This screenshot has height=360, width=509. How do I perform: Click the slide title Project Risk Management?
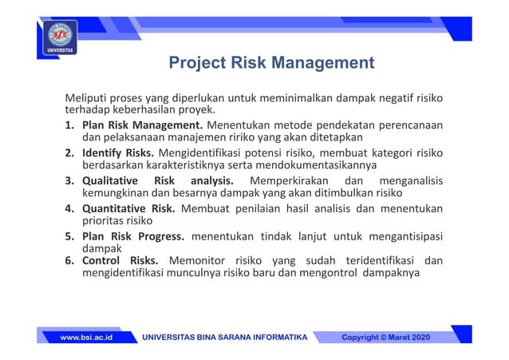[x=271, y=62]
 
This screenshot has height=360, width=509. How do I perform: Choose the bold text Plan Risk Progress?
[x=133, y=236]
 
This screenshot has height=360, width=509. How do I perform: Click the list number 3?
[x=69, y=180]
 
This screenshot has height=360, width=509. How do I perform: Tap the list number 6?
[x=69, y=260]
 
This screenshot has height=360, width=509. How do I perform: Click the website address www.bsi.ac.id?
[x=86, y=338]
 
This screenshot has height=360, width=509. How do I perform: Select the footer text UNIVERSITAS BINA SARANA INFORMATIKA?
[x=224, y=338]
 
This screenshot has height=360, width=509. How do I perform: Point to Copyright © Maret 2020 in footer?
[x=385, y=338]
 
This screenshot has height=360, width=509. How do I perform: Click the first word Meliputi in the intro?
[x=86, y=98]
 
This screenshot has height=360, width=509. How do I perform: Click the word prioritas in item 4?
[x=104, y=220]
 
